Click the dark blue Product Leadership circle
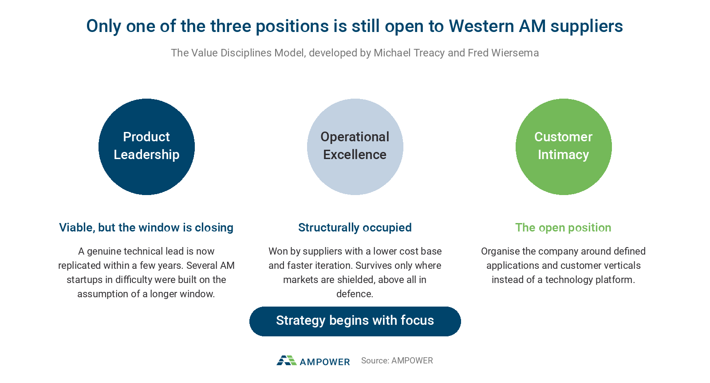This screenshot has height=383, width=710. tap(146, 147)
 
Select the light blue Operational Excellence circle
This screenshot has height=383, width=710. tap(355, 147)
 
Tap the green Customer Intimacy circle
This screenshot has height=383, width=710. tap(564, 147)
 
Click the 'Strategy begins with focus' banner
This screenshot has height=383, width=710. tap(355, 321)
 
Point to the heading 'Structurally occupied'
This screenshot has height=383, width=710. tap(355, 227)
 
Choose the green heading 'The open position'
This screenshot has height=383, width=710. tap(563, 227)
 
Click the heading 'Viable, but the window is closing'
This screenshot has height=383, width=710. tap(146, 227)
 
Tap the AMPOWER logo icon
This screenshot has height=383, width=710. tap(287, 360)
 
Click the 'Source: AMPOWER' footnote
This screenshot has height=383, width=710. tap(397, 360)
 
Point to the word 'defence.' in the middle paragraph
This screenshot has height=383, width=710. tap(355, 294)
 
